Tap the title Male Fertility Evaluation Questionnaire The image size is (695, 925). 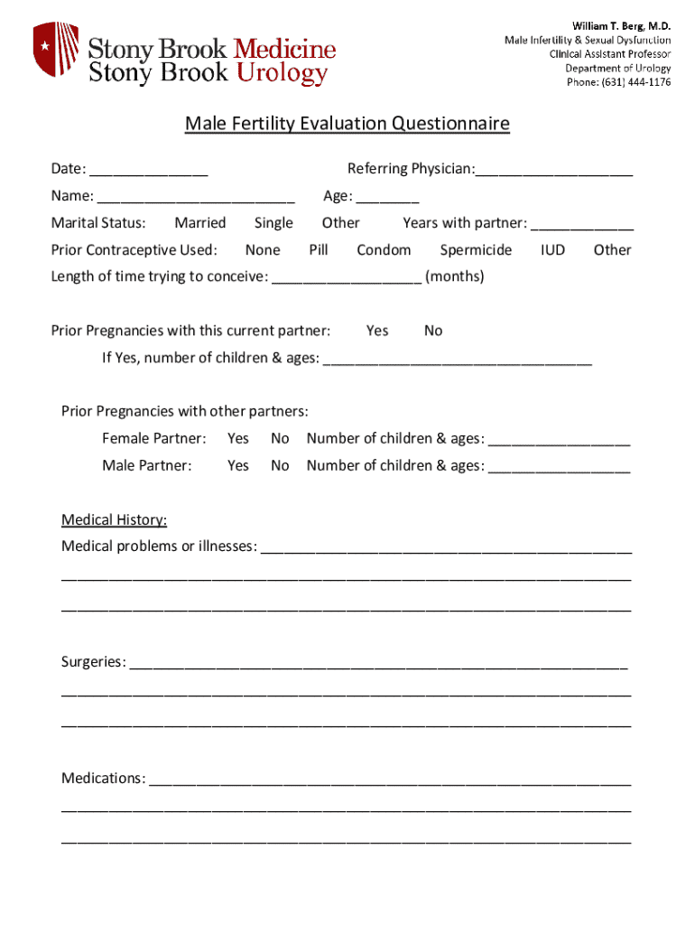pyautogui.click(x=347, y=124)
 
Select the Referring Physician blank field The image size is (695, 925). pyautogui.click(x=554, y=170)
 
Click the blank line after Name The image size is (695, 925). pyautogui.click(x=196, y=197)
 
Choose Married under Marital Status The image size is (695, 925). pyautogui.click(x=200, y=223)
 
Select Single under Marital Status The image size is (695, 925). pyautogui.click(x=273, y=223)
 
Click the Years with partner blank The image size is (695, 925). pyautogui.click(x=582, y=224)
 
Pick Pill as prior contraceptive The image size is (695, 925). pyautogui.click(x=318, y=250)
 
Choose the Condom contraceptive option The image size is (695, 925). pyautogui.click(x=384, y=250)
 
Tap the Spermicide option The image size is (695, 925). pyautogui.click(x=476, y=250)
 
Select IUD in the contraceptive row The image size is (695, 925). pyautogui.click(x=552, y=250)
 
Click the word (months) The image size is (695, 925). pyautogui.click(x=455, y=276)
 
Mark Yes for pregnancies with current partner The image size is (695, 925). pyautogui.click(x=377, y=331)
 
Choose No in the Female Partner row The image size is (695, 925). pyautogui.click(x=280, y=439)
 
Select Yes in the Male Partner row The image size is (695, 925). pyautogui.click(x=238, y=466)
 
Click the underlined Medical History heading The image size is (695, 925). pyautogui.click(x=114, y=519)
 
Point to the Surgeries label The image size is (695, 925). pyautogui.click(x=93, y=662)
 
